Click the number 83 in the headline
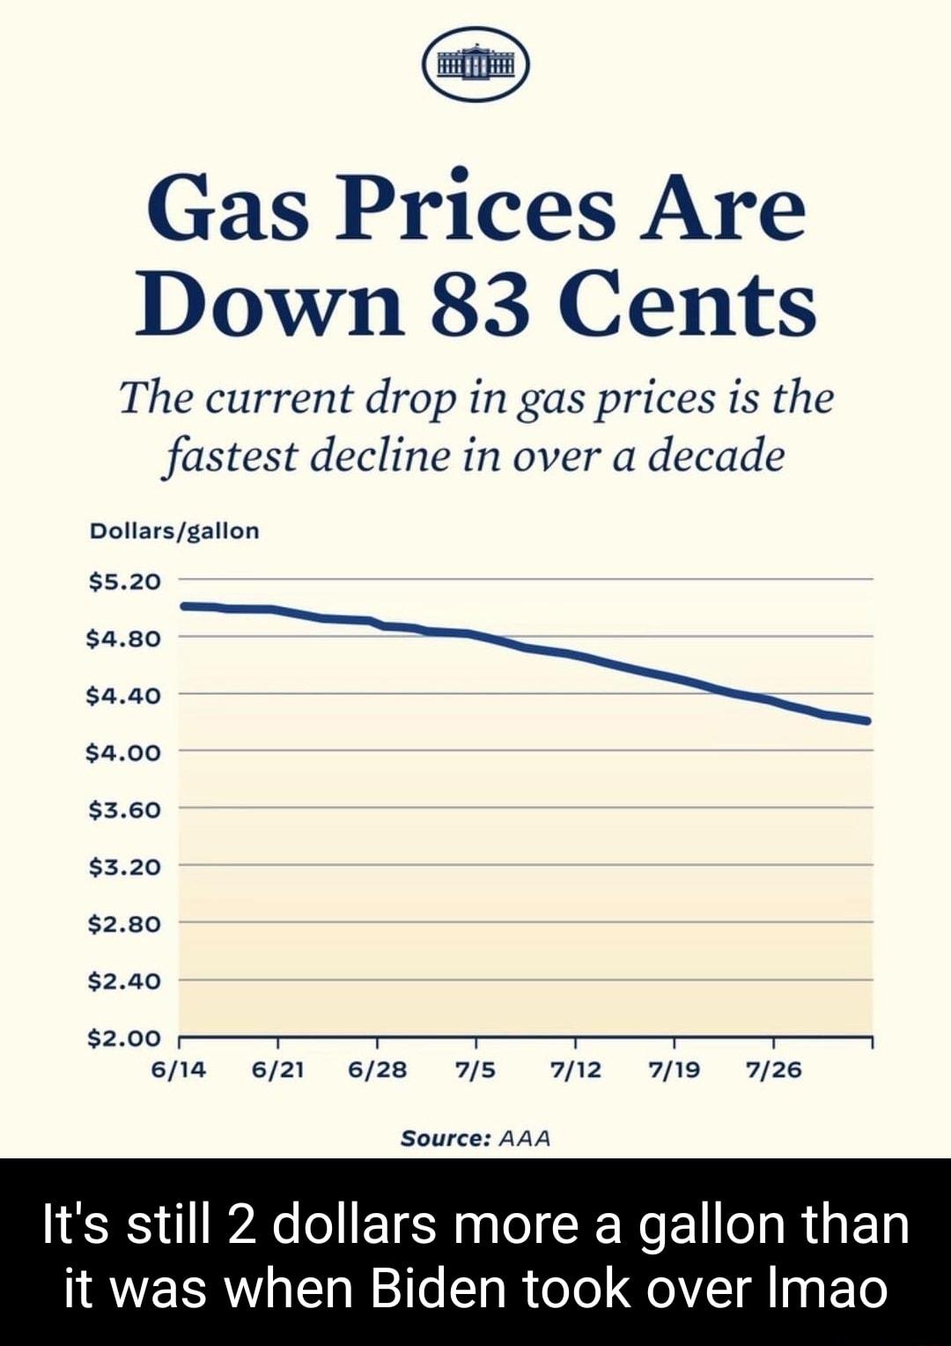[480, 305]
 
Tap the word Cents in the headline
[687, 305]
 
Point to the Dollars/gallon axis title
[174, 531]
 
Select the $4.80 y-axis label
[124, 639]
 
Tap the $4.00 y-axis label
[124, 753]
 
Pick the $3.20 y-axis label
[124, 867]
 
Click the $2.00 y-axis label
[124, 1039]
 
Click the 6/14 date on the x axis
[179, 1070]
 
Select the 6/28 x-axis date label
[377, 1070]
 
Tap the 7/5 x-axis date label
[475, 1070]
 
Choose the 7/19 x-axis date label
[674, 1070]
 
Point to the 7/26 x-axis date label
[773, 1070]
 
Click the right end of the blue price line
[867, 721]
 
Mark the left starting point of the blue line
[183, 606]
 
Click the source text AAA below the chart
[525, 1138]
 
